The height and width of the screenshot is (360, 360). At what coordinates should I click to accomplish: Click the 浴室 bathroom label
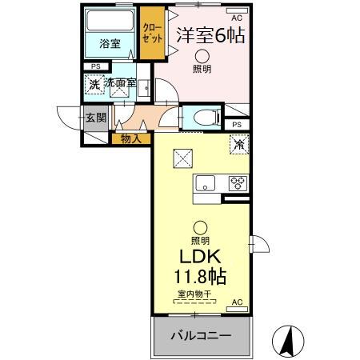110,44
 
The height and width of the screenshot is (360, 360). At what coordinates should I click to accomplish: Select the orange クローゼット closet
151,33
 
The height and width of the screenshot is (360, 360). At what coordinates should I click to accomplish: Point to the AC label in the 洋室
236,17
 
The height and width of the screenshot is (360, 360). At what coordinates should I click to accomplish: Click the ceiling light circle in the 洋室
202,55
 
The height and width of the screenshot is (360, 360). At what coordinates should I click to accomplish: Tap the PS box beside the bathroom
96,66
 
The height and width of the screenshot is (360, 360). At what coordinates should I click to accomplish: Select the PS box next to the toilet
237,125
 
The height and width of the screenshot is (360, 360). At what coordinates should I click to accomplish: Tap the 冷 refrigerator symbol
238,144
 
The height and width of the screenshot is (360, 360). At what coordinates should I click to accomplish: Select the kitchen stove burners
238,182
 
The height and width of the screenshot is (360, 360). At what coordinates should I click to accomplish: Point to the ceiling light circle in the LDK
200,227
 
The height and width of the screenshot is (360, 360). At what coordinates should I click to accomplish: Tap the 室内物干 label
194,294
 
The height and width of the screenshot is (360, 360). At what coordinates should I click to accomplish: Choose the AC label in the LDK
237,302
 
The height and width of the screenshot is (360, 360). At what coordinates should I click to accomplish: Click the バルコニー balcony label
201,336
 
